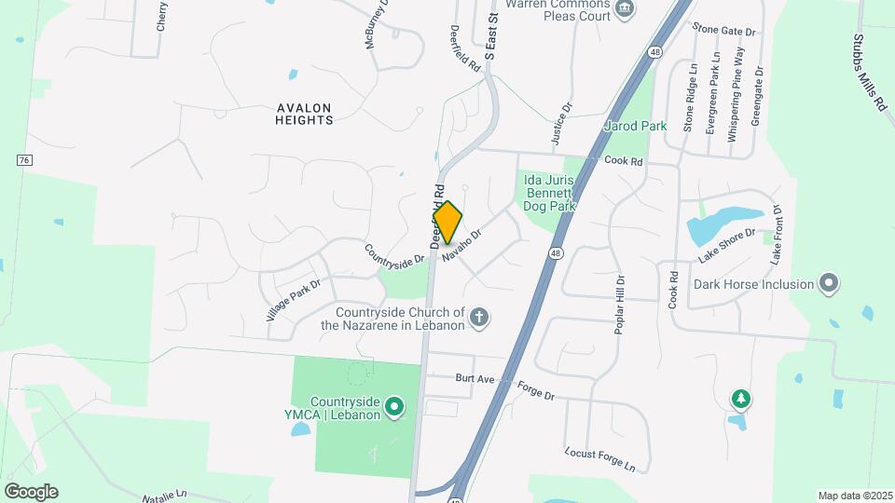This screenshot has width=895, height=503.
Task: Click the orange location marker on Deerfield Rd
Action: pyautogui.click(x=447, y=222)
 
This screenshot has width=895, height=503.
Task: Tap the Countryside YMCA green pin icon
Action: pyautogui.click(x=394, y=406)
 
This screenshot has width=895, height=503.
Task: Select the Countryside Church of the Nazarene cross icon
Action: pyautogui.click(x=479, y=319)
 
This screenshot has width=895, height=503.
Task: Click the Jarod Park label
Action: pyautogui.click(x=636, y=125)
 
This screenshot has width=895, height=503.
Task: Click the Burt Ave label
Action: pyautogui.click(x=474, y=378)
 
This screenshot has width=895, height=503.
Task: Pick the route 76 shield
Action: pyautogui.click(x=24, y=160)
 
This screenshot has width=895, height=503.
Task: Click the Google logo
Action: pyautogui.click(x=31, y=491)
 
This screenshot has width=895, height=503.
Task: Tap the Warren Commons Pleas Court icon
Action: pyautogui.click(x=625, y=9)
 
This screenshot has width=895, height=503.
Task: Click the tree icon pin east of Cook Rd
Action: pyautogui.click(x=741, y=400)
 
